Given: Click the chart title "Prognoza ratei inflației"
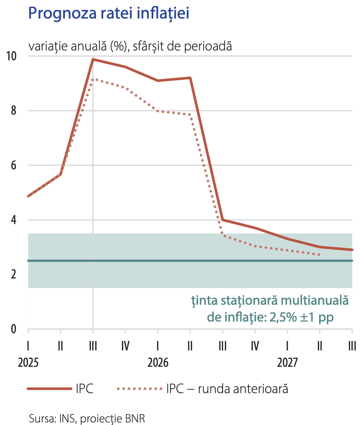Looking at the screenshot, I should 109,13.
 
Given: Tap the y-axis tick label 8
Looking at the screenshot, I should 13,111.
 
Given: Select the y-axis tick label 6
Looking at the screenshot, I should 13,165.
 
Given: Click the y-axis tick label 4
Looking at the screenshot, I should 13,220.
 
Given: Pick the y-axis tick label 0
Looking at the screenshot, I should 13,329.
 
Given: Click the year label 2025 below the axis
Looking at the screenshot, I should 28,363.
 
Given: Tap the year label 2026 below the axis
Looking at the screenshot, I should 158,363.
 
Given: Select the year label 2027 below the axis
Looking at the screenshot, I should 287,363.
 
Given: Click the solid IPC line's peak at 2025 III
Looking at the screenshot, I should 93,59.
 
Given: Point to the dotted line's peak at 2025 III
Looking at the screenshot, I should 93,79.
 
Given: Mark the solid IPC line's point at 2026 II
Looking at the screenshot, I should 190,78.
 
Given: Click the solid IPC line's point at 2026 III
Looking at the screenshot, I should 222,220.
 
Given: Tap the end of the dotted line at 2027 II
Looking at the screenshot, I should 319,255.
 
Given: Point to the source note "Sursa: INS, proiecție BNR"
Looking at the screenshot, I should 87,419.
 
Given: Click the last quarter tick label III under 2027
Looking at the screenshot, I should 352,345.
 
